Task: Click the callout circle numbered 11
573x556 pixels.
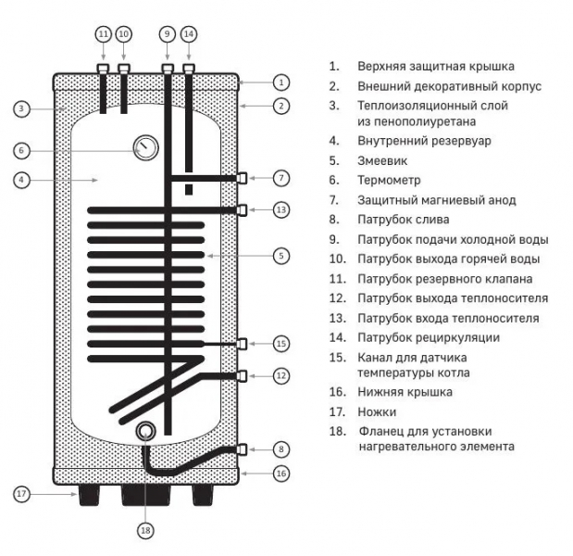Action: [103, 33]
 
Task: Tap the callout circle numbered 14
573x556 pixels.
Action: [189, 33]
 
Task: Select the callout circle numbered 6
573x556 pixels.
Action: [22, 149]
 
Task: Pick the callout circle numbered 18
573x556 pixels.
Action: [144, 531]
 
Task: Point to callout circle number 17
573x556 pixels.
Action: [22, 494]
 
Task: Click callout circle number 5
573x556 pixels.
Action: [281, 254]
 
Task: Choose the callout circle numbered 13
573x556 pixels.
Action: [281, 210]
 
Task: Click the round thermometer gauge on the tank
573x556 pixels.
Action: [145, 147]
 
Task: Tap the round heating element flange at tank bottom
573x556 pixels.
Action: [145, 432]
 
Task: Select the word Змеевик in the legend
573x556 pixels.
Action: [382, 161]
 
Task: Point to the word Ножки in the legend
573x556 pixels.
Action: [376, 411]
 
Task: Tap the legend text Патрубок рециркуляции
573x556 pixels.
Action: [428, 337]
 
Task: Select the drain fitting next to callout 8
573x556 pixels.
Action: [243, 449]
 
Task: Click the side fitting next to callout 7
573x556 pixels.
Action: [243, 177]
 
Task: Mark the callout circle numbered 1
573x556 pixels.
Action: [281, 82]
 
